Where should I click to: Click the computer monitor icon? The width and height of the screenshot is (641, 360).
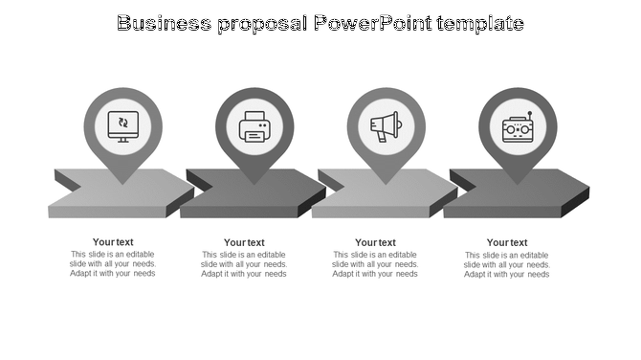122,124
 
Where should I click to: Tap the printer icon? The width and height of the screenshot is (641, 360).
254,126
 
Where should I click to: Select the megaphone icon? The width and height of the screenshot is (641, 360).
385,126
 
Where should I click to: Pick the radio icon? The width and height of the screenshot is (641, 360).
517,127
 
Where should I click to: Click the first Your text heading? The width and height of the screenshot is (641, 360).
113,242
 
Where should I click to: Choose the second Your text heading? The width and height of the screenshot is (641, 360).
244,242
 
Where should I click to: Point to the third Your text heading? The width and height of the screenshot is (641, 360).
375,242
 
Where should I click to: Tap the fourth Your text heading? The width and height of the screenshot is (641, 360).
507,242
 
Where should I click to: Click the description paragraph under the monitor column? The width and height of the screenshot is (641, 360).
113,264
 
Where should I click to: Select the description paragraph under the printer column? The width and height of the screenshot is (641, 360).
244,264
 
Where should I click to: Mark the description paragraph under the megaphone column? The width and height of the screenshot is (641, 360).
375,264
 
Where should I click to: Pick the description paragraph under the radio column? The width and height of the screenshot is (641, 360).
507,264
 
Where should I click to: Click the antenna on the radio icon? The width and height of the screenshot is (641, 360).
529,116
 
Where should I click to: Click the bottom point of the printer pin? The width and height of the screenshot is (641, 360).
254,184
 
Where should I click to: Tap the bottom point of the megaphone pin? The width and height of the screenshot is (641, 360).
385,184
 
